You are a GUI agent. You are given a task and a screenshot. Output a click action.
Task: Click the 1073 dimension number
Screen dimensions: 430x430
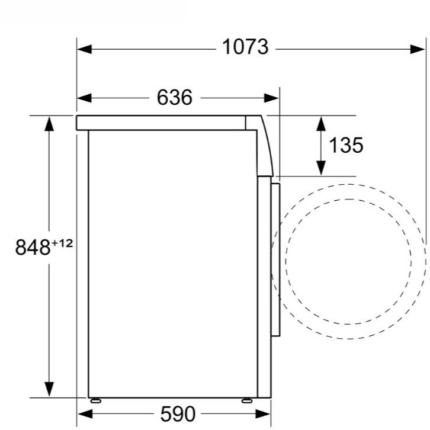(x=245, y=47)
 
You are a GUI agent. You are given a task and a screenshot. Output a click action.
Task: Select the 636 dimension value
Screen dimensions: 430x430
(x=175, y=97)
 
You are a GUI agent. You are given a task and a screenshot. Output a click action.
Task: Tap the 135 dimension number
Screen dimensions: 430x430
(x=346, y=145)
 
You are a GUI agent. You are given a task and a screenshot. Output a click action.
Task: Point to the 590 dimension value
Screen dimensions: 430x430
(x=178, y=414)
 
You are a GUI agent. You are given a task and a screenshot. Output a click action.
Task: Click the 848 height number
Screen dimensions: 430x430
(x=33, y=247)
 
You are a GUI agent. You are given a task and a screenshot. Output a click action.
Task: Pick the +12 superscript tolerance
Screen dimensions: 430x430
(x=62, y=243)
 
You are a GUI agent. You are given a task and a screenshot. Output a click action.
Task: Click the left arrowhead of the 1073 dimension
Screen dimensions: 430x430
(x=85, y=49)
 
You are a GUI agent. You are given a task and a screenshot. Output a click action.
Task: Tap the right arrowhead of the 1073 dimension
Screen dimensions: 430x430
(x=418, y=49)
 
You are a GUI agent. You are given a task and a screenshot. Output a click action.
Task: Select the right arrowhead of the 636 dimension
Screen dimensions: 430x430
(x=271, y=98)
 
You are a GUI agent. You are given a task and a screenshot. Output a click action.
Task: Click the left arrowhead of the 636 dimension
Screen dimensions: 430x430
(x=85, y=98)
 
